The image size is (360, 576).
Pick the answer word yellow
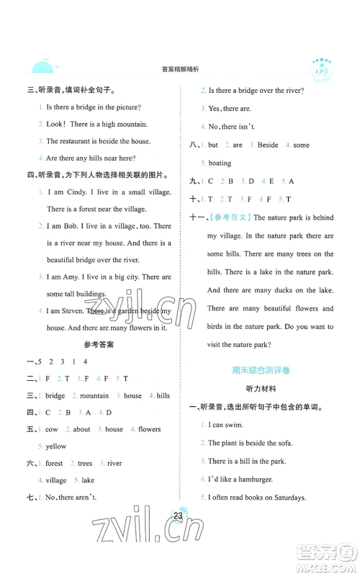[56, 446]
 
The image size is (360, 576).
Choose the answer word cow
[53, 430]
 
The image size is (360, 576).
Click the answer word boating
[220, 163]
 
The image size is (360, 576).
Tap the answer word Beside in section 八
[267, 145]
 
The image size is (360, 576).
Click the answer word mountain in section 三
[94, 396]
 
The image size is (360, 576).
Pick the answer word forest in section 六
[55, 464]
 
